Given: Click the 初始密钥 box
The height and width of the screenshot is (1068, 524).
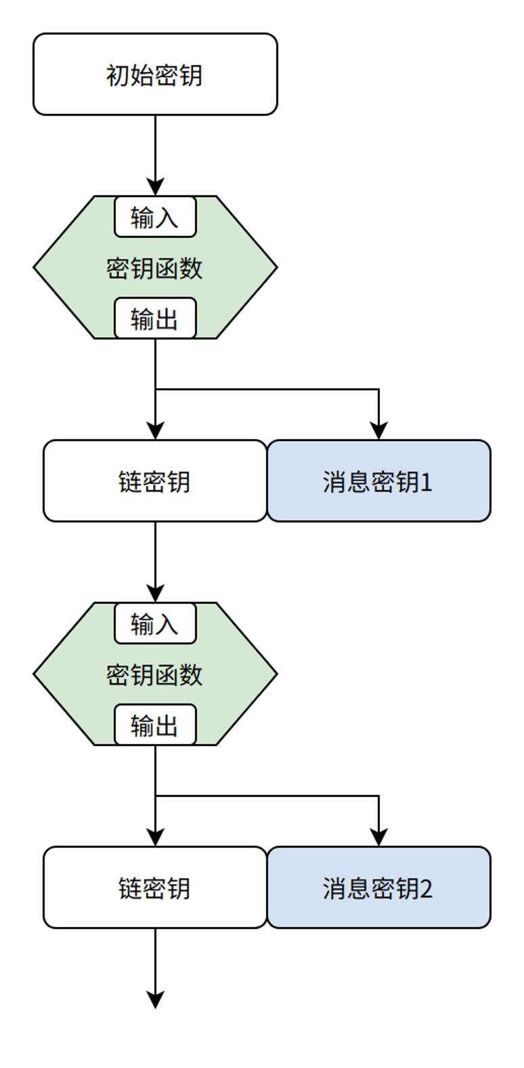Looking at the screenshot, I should point(155,75).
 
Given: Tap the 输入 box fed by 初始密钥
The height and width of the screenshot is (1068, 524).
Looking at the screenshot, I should point(155,218).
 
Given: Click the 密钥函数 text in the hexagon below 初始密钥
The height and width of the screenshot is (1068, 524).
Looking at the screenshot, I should point(154,268).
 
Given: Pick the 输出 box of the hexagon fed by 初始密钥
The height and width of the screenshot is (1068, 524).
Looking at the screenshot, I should point(155,319).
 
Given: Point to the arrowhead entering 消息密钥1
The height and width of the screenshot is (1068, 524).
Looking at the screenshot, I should point(378,431).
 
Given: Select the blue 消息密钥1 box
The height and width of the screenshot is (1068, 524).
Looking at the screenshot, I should point(378,481).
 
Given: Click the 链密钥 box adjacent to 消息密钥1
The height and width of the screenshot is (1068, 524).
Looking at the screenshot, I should point(155,481).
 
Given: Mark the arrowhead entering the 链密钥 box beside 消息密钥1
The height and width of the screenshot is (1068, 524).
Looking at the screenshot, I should point(155,431).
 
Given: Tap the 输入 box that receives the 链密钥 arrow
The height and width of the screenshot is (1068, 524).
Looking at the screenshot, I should point(155,623).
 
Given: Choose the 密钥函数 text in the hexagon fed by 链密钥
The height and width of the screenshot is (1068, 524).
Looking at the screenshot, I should point(154,675).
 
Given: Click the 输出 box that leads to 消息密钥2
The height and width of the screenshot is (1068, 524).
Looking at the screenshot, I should point(155,725).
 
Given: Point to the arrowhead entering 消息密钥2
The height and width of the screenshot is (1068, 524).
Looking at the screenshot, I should point(378,838).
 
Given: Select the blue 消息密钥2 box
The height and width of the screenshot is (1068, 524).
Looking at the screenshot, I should point(378,888).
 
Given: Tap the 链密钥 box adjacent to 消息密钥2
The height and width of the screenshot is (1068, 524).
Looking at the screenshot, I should point(155,888).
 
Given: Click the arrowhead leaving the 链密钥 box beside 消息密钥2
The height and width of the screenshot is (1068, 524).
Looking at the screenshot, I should point(155,1000).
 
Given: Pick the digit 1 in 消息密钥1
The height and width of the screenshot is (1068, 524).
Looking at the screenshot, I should point(426,482).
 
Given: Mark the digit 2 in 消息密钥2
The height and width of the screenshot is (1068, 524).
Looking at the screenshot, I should point(426,888).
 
